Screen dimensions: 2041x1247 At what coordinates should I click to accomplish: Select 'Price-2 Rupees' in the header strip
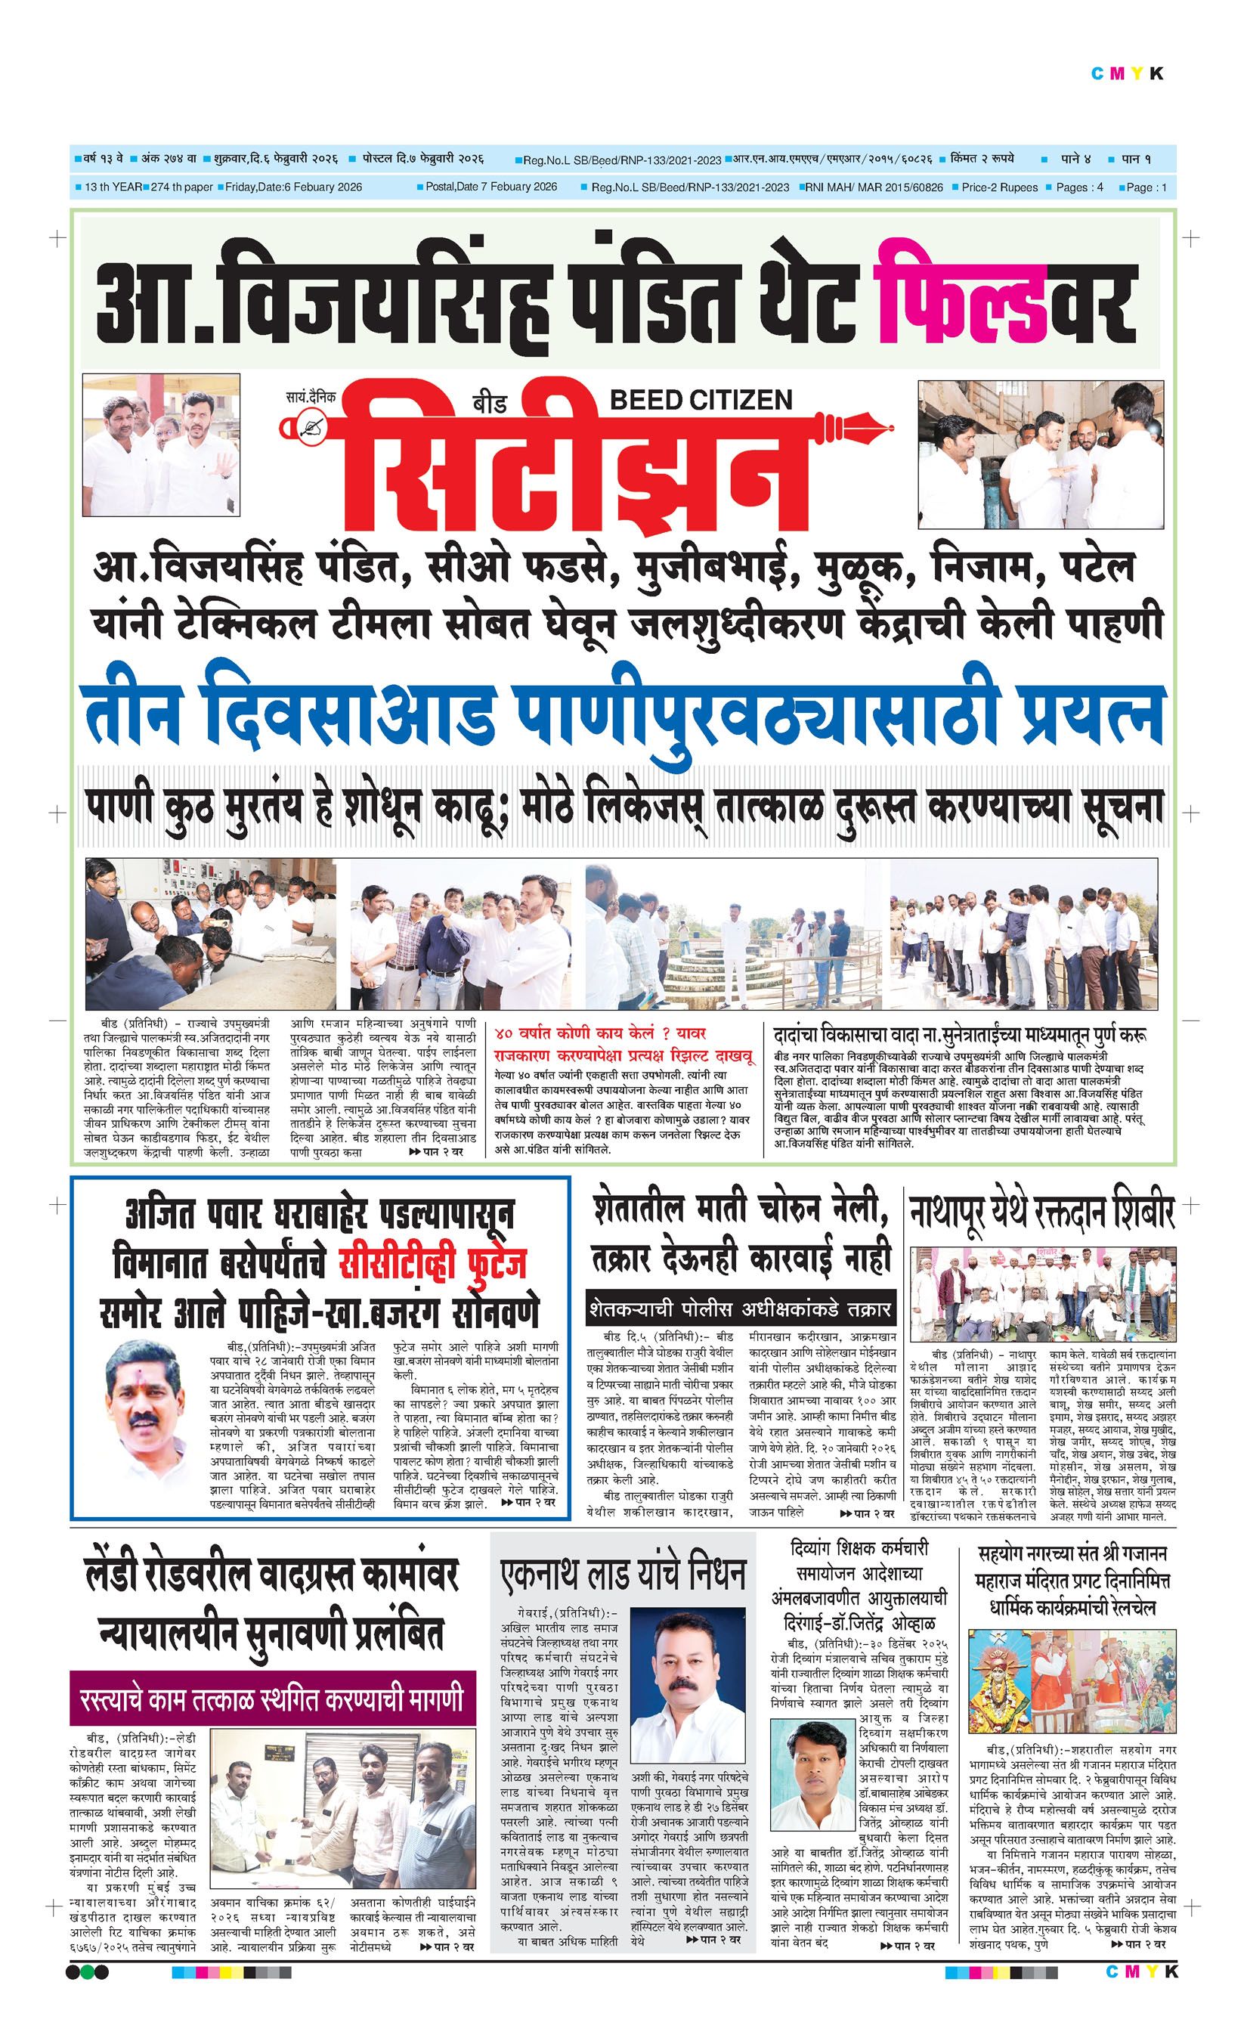998,187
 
